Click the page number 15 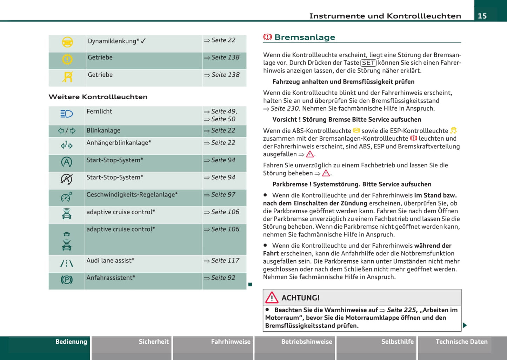point(482,16)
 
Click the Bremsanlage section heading point(304,37)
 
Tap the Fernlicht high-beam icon point(67,114)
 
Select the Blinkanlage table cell point(104,131)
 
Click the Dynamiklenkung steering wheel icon point(67,42)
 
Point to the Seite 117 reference point(225,261)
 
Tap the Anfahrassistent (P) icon point(67,280)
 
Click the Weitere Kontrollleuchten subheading point(98,97)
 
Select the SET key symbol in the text point(368,63)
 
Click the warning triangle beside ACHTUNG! point(272,298)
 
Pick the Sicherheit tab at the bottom point(154,342)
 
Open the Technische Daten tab point(461,342)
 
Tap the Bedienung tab point(71,342)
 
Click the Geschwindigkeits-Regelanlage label point(132,195)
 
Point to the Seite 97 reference point(223,195)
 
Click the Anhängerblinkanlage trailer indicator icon point(67,145)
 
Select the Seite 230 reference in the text point(285,108)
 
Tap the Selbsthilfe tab point(397,342)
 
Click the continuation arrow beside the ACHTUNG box point(465,325)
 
